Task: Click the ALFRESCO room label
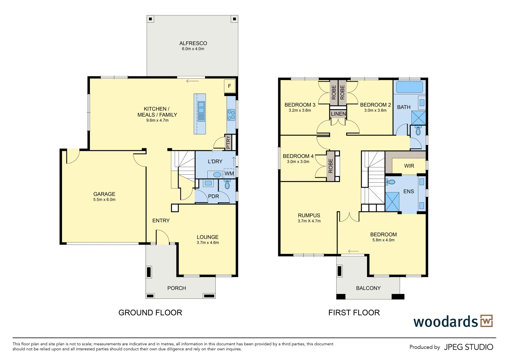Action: [193, 43]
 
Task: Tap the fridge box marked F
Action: [229, 86]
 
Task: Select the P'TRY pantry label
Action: [228, 142]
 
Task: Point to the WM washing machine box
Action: [229, 174]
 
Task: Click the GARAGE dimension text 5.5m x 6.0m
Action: [104, 200]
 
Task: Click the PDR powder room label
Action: [213, 196]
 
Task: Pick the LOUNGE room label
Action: [207, 237]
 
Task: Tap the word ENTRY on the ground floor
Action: [161, 221]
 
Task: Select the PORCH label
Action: [176, 288]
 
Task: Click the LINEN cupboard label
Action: [338, 114]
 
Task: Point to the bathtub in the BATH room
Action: [409, 87]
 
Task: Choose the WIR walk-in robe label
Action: [409, 166]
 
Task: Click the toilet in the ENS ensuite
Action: [391, 182]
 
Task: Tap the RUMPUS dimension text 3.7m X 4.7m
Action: [309, 221]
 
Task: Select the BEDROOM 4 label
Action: [298, 156]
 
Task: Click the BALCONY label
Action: [368, 288]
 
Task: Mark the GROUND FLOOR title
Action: [150, 313]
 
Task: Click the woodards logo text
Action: [445, 322]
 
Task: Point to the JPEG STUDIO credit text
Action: [468, 347]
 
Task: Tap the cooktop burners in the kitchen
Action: [231, 115]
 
